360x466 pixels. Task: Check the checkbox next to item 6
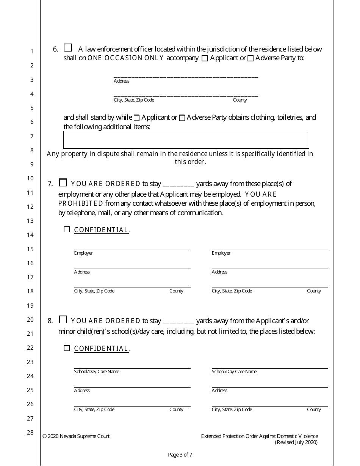[x=68, y=48]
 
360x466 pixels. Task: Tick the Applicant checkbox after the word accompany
[x=205, y=59]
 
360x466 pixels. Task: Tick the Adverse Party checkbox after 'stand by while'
[x=182, y=118]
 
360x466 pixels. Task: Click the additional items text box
[x=186, y=139]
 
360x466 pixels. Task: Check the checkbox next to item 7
[x=63, y=183]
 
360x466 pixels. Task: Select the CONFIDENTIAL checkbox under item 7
[x=67, y=229]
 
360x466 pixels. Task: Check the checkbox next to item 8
[x=63, y=319]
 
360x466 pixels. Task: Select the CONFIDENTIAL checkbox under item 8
[x=67, y=348]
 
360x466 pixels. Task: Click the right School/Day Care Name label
[x=234, y=372]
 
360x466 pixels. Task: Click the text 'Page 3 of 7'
[x=180, y=455]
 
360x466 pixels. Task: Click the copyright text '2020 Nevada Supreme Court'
[x=79, y=436]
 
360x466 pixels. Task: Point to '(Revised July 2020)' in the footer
[x=296, y=442]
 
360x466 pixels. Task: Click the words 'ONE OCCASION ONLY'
[x=126, y=58]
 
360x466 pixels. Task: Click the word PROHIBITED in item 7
[x=80, y=203]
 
